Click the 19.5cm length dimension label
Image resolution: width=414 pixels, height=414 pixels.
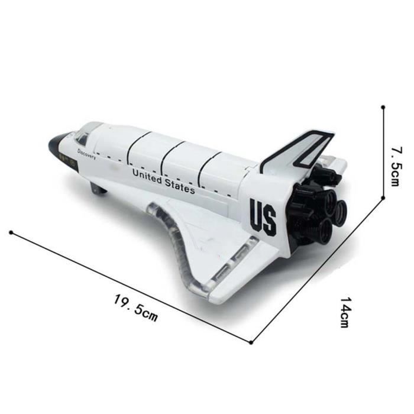tap(135, 308)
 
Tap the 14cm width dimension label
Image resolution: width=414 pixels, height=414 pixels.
tap(346, 312)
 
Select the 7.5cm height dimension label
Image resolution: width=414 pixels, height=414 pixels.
tap(397, 166)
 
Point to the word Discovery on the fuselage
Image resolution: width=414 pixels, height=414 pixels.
tap(86, 154)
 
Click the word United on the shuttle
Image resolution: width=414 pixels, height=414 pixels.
tap(147, 176)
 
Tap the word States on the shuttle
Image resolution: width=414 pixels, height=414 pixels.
tap(180, 186)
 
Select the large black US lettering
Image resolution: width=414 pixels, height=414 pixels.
tap(263, 217)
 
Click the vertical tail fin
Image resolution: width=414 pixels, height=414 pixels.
tap(298, 151)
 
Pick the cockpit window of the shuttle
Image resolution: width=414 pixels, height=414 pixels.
tap(82, 137)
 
